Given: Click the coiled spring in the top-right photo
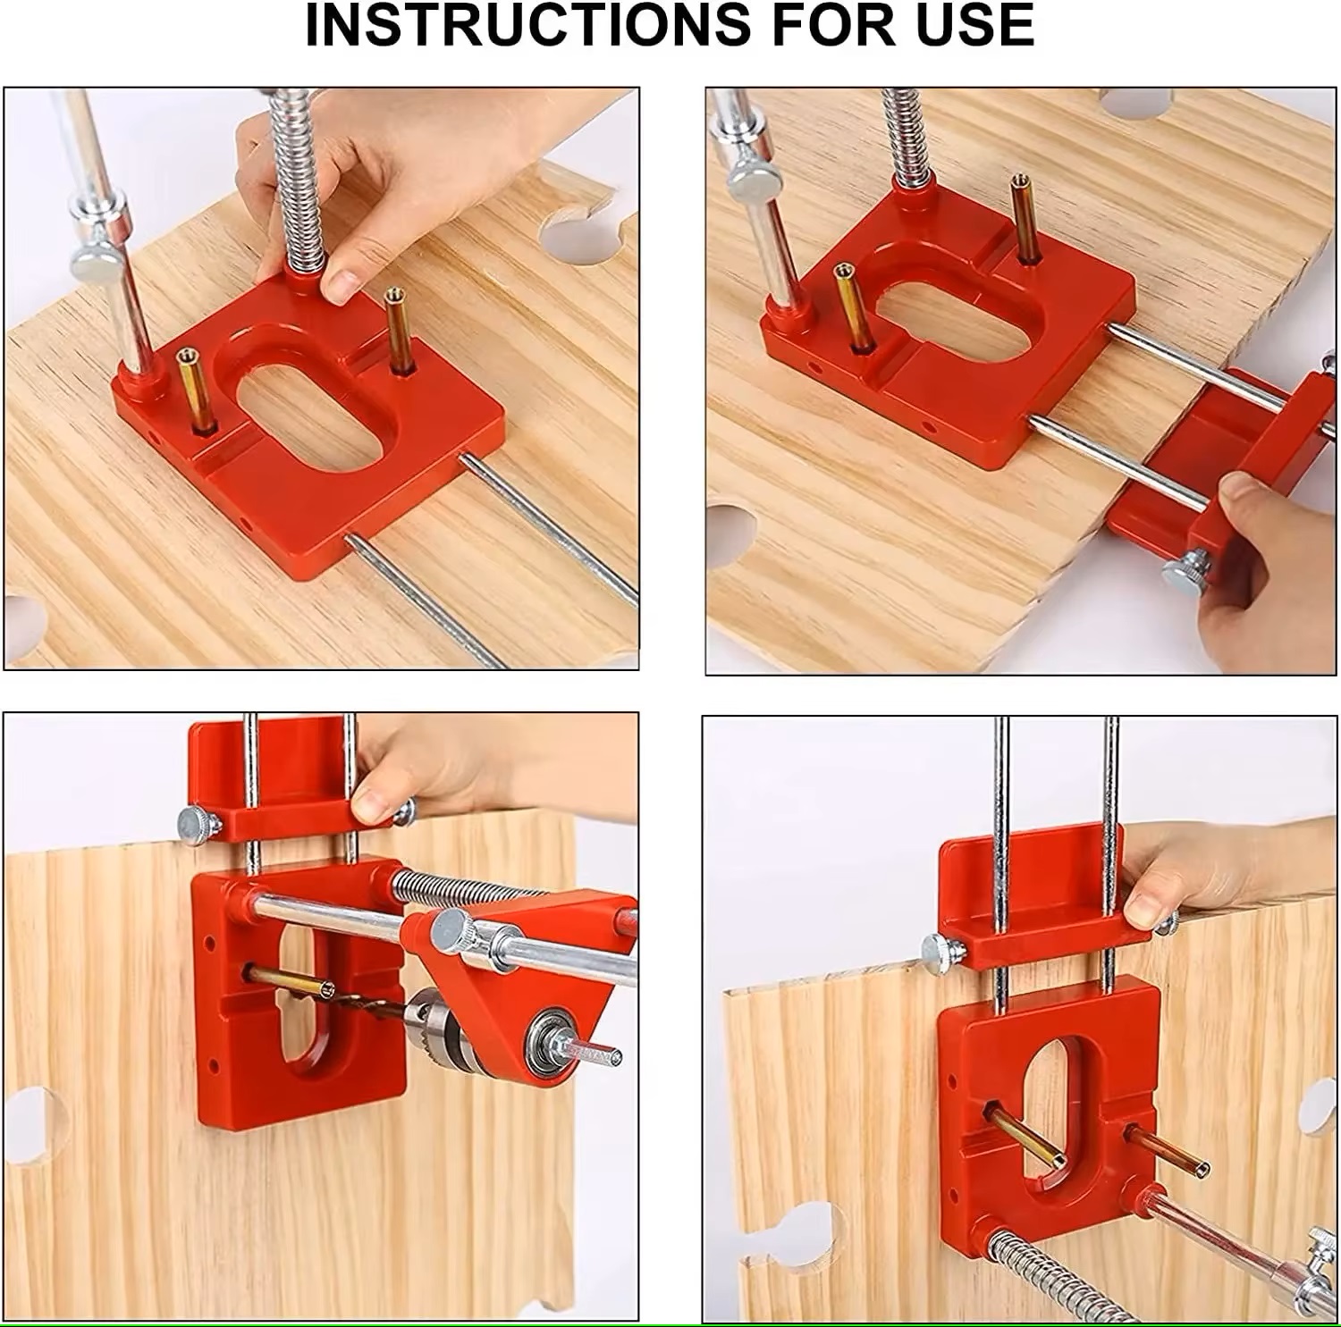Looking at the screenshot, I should click(907, 134).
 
